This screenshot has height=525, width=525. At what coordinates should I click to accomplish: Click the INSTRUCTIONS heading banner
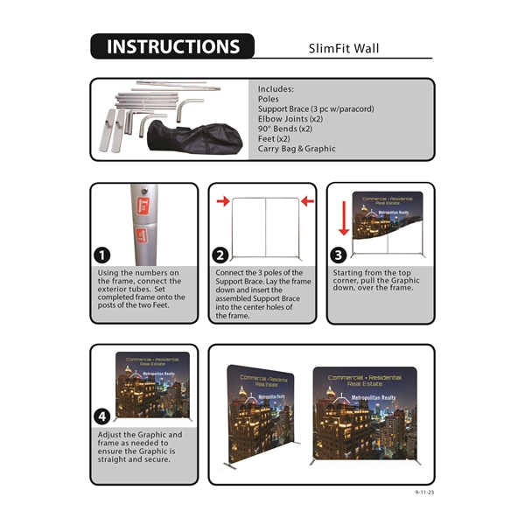coord(171,46)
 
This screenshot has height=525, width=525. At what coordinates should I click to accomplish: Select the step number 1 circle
coord(102,255)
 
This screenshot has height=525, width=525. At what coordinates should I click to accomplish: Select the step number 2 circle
coord(220,255)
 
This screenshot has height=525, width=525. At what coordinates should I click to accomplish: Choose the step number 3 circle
coord(339,255)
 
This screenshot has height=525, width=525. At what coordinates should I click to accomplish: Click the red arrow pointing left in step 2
coord(305,202)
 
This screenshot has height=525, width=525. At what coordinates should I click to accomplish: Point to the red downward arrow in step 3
coord(343,216)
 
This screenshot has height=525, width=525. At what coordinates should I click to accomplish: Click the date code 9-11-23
coord(424,493)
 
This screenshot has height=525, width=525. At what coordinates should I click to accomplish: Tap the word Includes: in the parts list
coord(276,89)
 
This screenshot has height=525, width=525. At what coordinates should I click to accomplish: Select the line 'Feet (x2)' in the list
coord(274,138)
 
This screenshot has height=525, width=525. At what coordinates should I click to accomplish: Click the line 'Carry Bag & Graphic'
coord(297,149)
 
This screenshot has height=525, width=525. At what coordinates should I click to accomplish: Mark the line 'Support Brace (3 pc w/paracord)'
coord(316,108)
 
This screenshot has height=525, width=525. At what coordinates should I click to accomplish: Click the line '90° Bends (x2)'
coord(285,129)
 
